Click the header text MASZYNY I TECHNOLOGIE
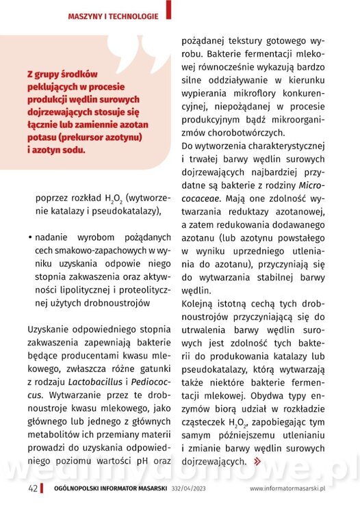(113, 15)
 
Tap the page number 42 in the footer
(32, 488)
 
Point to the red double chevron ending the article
(257, 462)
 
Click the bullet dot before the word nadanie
(31, 237)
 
